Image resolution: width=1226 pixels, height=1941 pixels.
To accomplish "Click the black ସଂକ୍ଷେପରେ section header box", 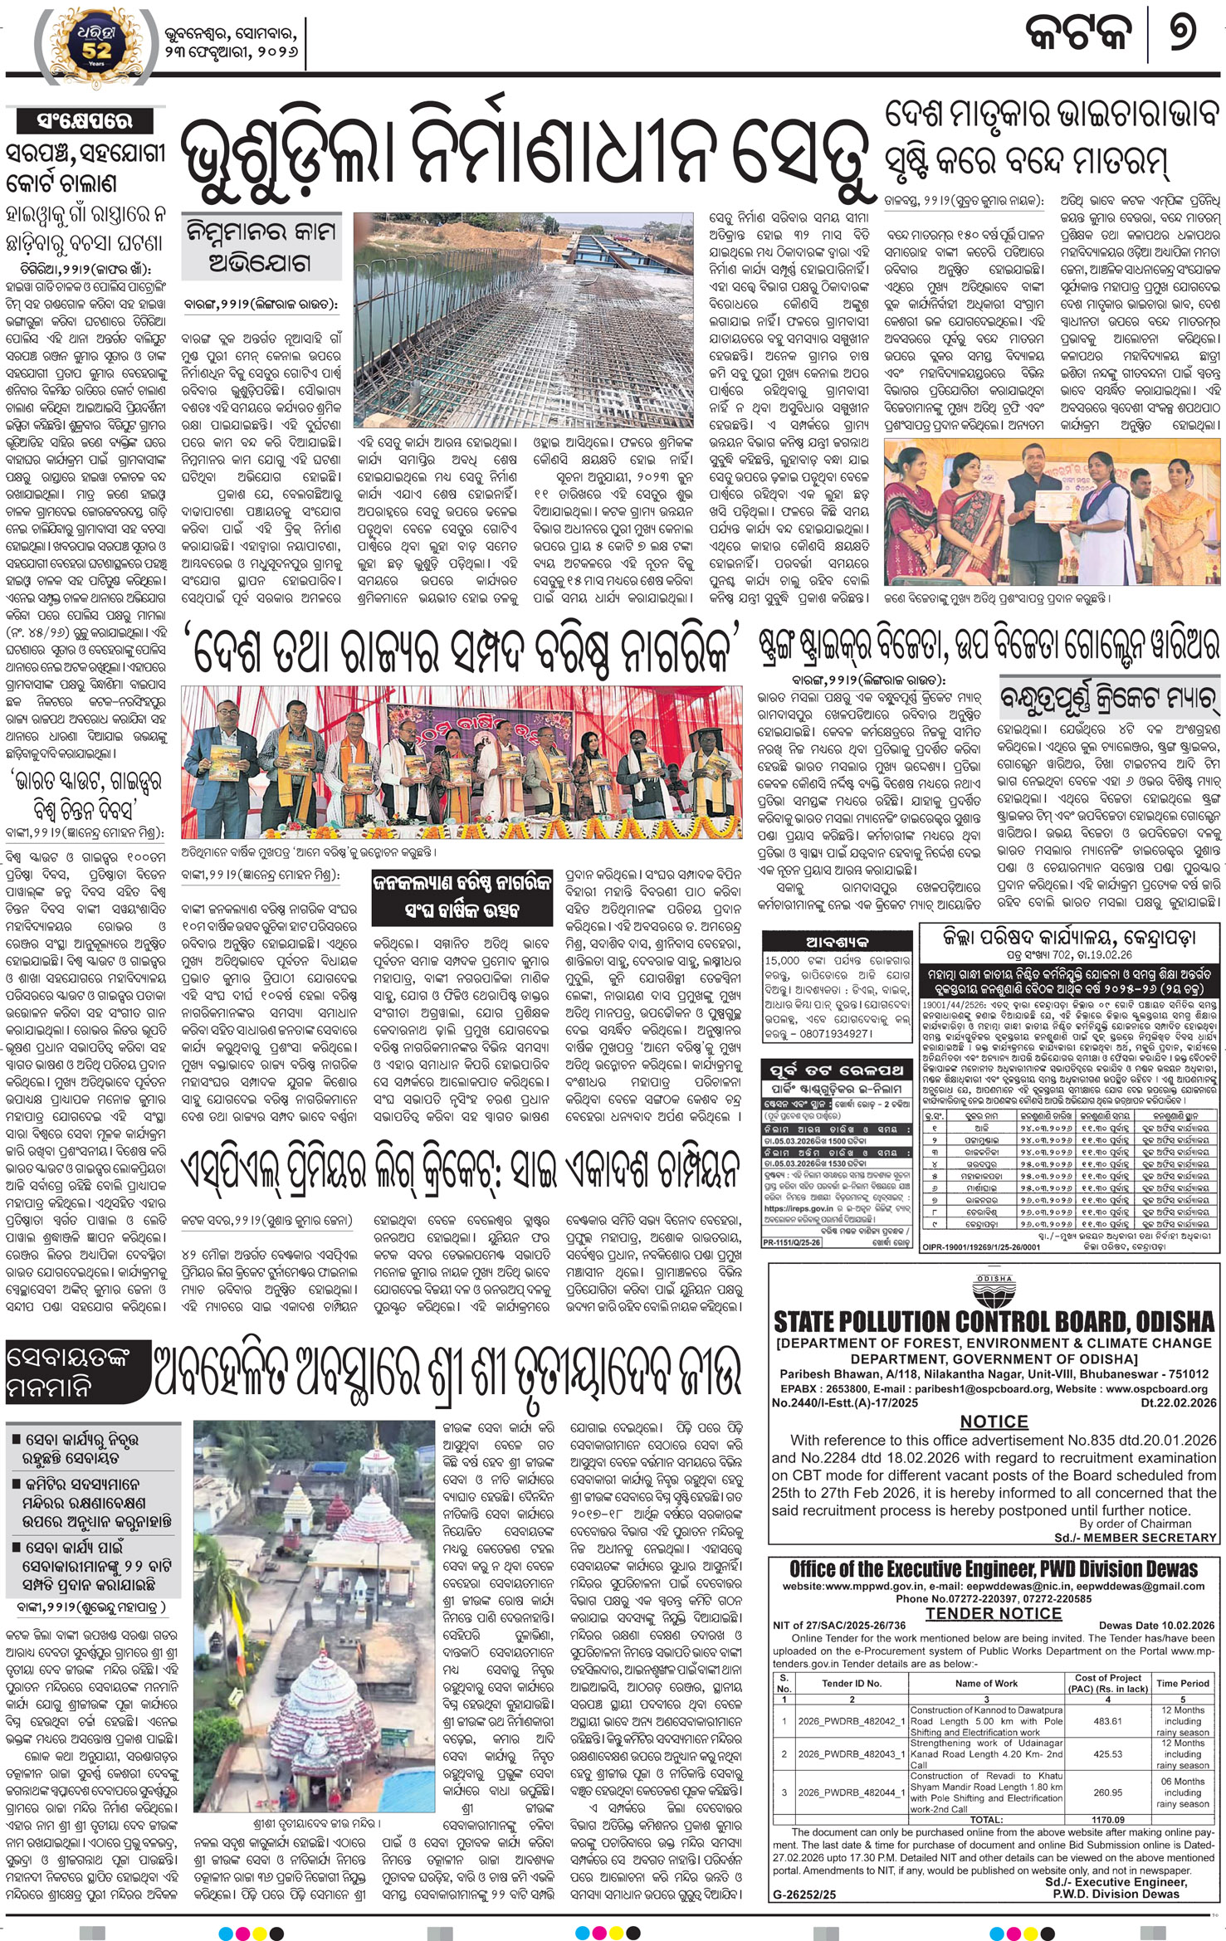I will [x=85, y=121].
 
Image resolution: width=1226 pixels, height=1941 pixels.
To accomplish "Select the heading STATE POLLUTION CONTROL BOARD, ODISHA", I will [x=994, y=1321].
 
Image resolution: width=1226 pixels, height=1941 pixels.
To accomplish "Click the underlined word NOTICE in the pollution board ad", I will [x=994, y=1422].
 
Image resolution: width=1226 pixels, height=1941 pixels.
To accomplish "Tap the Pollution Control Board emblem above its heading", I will [x=993, y=1290].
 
